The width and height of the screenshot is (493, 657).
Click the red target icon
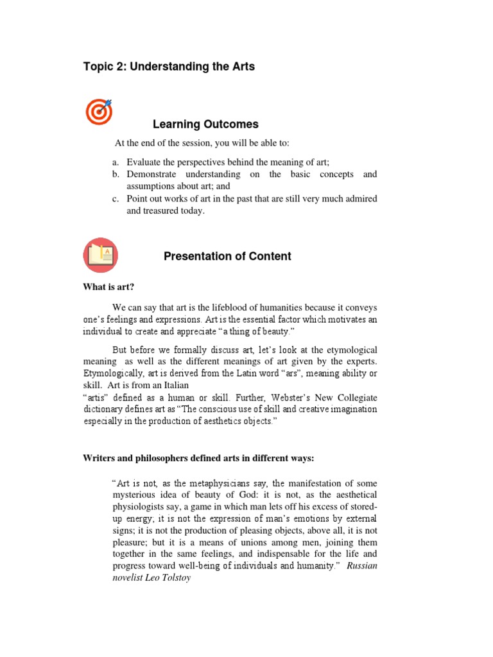pyautogui.click(x=99, y=112)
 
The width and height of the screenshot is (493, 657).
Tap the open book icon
pyautogui.click(x=99, y=254)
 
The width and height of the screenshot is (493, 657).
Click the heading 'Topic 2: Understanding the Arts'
pyautogui.click(x=169, y=67)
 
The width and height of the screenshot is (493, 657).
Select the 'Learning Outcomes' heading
pyautogui.click(x=205, y=124)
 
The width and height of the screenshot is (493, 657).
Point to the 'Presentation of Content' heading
pyautogui.click(x=227, y=256)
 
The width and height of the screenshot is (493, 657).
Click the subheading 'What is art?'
pyautogui.click(x=108, y=287)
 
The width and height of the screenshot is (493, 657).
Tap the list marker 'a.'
pyautogui.click(x=116, y=162)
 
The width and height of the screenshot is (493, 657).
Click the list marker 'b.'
pyautogui.click(x=116, y=175)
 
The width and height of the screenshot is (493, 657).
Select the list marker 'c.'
pyautogui.click(x=116, y=199)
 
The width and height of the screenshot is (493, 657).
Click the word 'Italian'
pyautogui.click(x=173, y=386)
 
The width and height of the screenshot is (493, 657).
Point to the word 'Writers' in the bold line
pyautogui.click(x=98, y=458)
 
